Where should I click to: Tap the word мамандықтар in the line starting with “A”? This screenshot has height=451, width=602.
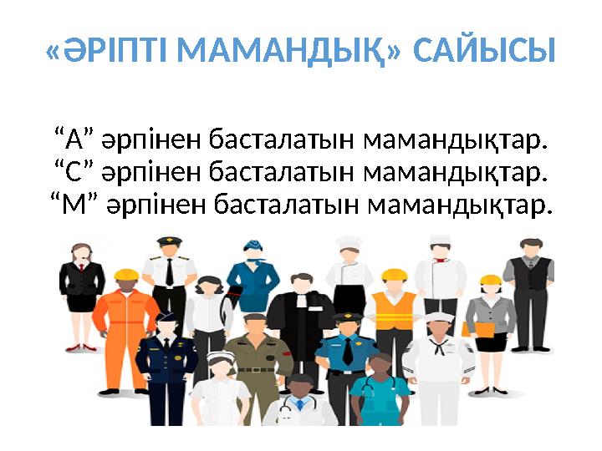pyautogui.click(x=457, y=137)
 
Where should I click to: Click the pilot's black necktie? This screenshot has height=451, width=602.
pyautogui.click(x=170, y=271)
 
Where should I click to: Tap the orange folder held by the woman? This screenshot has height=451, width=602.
pyautogui.click(x=479, y=327)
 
